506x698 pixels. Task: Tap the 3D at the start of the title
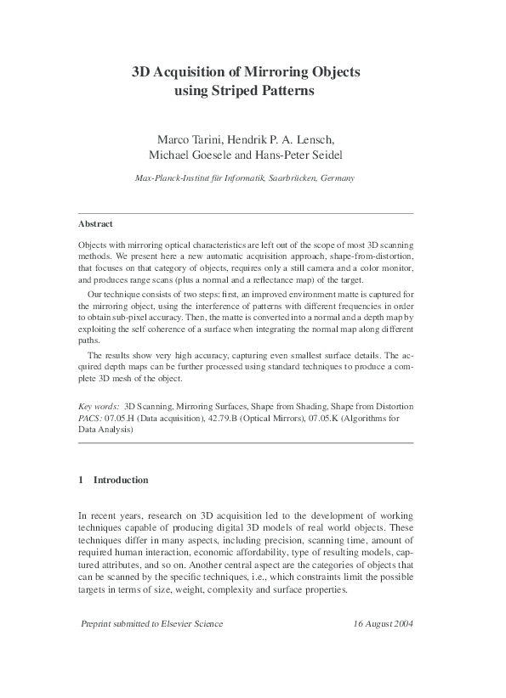click(x=139, y=73)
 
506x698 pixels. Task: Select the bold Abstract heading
click(x=95, y=223)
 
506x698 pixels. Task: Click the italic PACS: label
click(x=90, y=419)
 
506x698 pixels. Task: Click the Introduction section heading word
click(x=121, y=480)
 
